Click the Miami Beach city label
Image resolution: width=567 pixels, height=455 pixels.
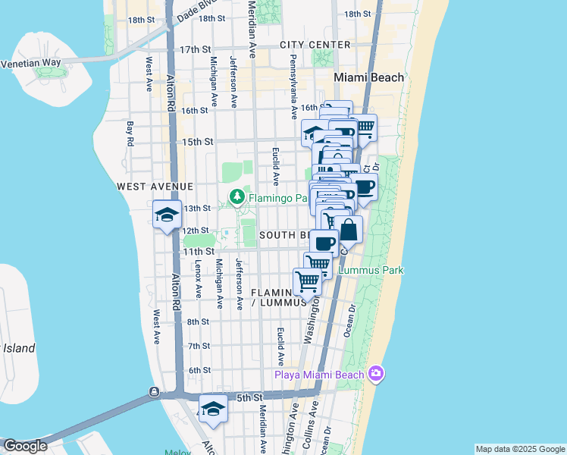point(369,78)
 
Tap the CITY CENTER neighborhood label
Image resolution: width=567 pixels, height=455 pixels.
point(315,45)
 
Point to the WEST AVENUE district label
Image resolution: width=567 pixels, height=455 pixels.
point(155,186)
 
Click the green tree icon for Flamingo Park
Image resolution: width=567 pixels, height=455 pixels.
point(237,197)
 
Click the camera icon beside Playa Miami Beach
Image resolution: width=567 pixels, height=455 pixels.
point(375,373)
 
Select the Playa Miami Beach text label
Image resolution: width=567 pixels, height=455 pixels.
point(318,375)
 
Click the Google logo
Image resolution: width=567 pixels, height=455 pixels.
point(25,446)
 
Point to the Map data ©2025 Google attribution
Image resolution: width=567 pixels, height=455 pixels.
point(519,449)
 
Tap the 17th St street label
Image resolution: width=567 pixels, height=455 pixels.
point(195,49)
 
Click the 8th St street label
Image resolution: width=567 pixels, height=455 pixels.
point(198,322)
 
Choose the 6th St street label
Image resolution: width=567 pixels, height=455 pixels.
point(199,370)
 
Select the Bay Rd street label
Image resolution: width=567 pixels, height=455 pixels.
point(130,134)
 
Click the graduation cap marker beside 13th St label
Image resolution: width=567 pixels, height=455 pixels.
point(167,215)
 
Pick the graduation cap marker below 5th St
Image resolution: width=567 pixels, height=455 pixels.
point(213,409)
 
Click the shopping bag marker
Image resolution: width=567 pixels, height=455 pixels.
point(347,230)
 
